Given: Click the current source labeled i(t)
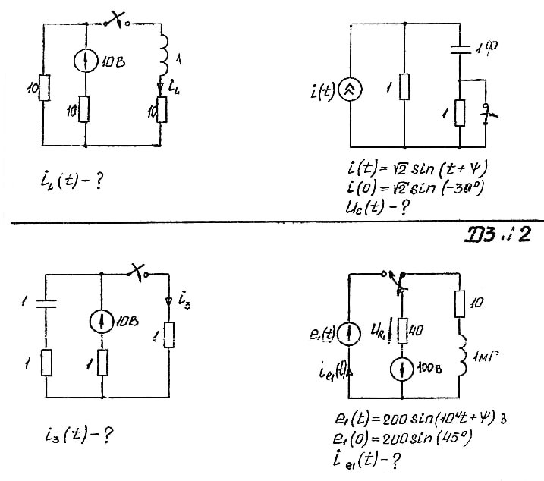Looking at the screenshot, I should pos(354,90).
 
